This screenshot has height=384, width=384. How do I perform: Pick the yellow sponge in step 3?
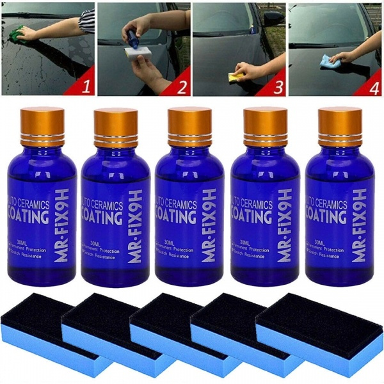(x=236, y=77)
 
